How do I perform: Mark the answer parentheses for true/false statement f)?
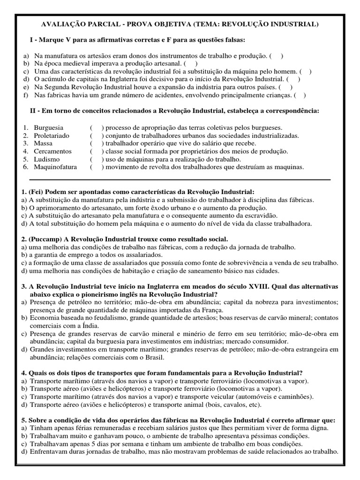click(x=300, y=96)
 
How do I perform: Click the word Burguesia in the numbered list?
click(x=48, y=127)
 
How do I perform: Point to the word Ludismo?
click(x=47, y=159)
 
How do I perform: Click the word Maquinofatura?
click(x=56, y=167)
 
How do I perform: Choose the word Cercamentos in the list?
click(x=52, y=151)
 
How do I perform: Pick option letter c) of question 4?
click(x=24, y=397)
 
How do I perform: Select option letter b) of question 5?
click(x=24, y=436)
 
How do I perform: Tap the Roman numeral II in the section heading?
click(x=35, y=111)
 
